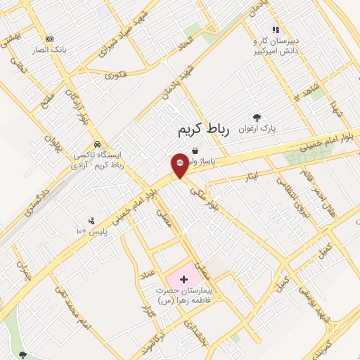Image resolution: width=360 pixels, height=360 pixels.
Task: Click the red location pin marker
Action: point(179,165)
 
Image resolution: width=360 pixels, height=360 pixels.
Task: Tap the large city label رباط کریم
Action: point(200,129)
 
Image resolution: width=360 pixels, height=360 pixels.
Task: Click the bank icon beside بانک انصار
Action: point(49,39)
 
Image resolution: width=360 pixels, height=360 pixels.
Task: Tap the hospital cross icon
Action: point(184,279)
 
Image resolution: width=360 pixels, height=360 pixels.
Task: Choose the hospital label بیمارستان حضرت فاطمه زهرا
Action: point(184,295)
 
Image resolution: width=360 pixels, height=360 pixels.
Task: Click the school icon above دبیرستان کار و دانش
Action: point(276,30)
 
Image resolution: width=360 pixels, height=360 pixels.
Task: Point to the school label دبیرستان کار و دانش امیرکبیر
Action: point(276,46)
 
